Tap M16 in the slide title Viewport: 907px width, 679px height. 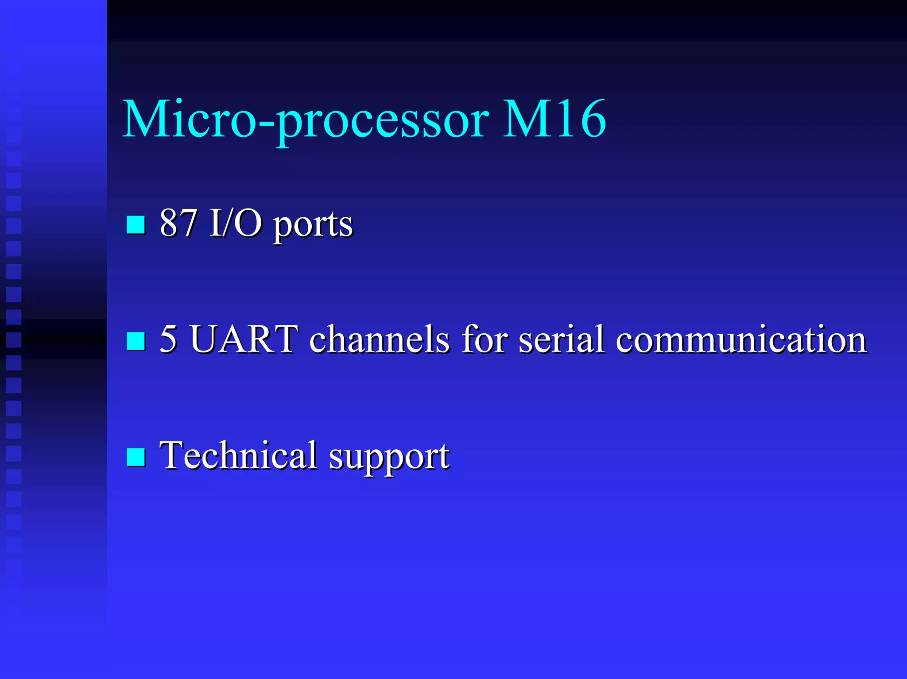tap(554, 119)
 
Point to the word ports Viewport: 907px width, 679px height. tap(313, 226)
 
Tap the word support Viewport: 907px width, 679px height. tap(389, 458)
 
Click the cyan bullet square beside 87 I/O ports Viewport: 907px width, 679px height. tap(136, 224)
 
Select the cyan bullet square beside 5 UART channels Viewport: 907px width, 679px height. tap(136, 341)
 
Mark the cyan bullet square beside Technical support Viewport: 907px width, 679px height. tap(136, 457)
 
